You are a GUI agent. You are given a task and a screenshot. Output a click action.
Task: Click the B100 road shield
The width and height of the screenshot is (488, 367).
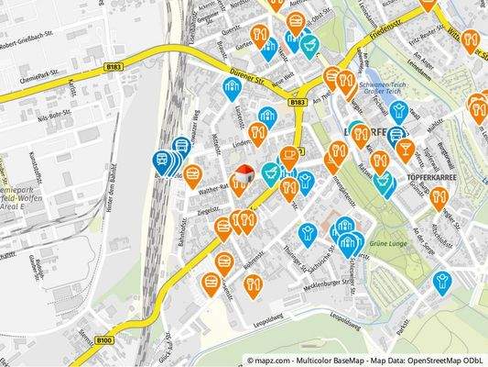click(x=103, y=339)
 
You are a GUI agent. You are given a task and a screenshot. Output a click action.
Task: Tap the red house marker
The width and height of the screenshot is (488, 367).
click(x=244, y=172)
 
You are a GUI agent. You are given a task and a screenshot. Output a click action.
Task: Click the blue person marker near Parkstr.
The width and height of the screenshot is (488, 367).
click(x=443, y=281)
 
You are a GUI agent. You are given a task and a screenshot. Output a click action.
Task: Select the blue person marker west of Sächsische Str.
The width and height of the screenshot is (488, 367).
click(x=307, y=233)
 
